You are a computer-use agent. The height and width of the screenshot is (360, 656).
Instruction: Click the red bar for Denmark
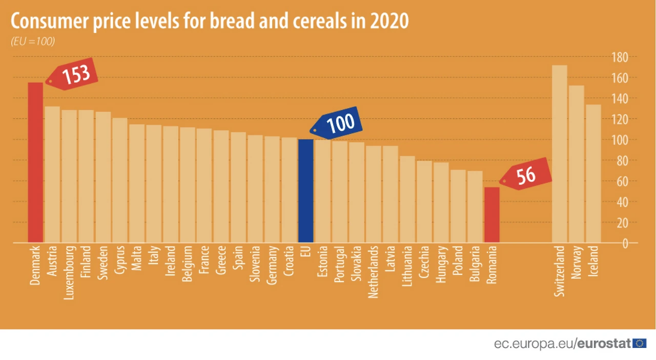coord(35,162)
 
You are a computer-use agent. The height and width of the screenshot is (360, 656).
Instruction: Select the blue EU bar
coord(305,190)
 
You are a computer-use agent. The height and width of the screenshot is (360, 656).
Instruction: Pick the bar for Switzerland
coord(560,153)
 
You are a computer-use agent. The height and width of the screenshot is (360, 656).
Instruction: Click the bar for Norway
coord(577,164)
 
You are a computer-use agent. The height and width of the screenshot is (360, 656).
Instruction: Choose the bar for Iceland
coord(593,173)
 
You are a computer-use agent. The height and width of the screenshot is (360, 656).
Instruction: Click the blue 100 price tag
coord(340,123)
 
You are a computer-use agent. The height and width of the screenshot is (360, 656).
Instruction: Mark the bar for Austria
coord(52,174)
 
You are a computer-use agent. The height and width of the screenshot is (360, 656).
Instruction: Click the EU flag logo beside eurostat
coord(639,344)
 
